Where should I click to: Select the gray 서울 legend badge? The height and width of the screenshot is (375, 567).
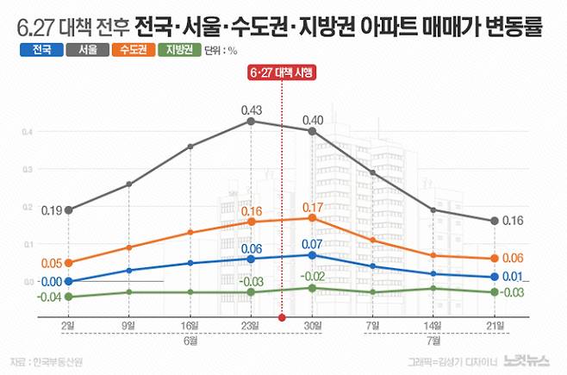coord(87,50)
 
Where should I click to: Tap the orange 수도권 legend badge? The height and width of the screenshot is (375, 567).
coord(134,50)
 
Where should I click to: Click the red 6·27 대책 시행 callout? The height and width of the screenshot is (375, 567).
coord(282,74)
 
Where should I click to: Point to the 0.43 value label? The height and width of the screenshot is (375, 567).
coord(252,109)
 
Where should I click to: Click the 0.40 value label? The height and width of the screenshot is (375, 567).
coord(313,119)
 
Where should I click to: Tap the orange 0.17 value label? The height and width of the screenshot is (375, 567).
coord(313,207)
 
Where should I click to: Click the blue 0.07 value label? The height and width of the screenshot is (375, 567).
coord(313,245)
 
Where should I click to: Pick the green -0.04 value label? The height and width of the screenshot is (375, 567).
coord(50,297)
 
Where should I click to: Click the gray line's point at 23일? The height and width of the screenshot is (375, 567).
coord(252,122)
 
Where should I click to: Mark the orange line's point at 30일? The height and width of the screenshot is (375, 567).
coord(313,218)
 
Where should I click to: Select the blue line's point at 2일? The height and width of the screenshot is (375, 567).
coord(67,281)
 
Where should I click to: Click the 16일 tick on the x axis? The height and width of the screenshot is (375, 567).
coord(190,326)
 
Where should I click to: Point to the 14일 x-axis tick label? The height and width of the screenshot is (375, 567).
coord(433,326)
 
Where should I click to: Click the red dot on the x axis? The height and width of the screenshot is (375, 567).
coord(282,317)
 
